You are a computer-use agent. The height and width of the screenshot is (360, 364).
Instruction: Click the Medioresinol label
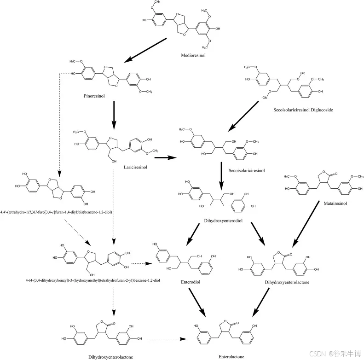pos(193,55)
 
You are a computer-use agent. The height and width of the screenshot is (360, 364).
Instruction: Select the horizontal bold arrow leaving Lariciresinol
pos(166,157)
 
